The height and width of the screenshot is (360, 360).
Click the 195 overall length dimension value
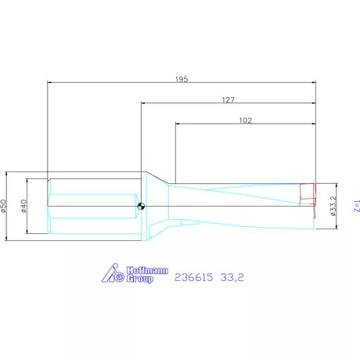click(182, 80)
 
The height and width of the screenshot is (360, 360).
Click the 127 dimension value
click(229, 99)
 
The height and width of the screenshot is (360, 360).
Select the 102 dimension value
click(244, 121)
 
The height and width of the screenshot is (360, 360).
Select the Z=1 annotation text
click(355, 206)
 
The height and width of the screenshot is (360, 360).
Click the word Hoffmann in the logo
click(147, 270)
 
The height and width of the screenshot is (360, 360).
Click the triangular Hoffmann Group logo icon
click(114, 275)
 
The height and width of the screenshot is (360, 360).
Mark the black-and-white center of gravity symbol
click(141, 207)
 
